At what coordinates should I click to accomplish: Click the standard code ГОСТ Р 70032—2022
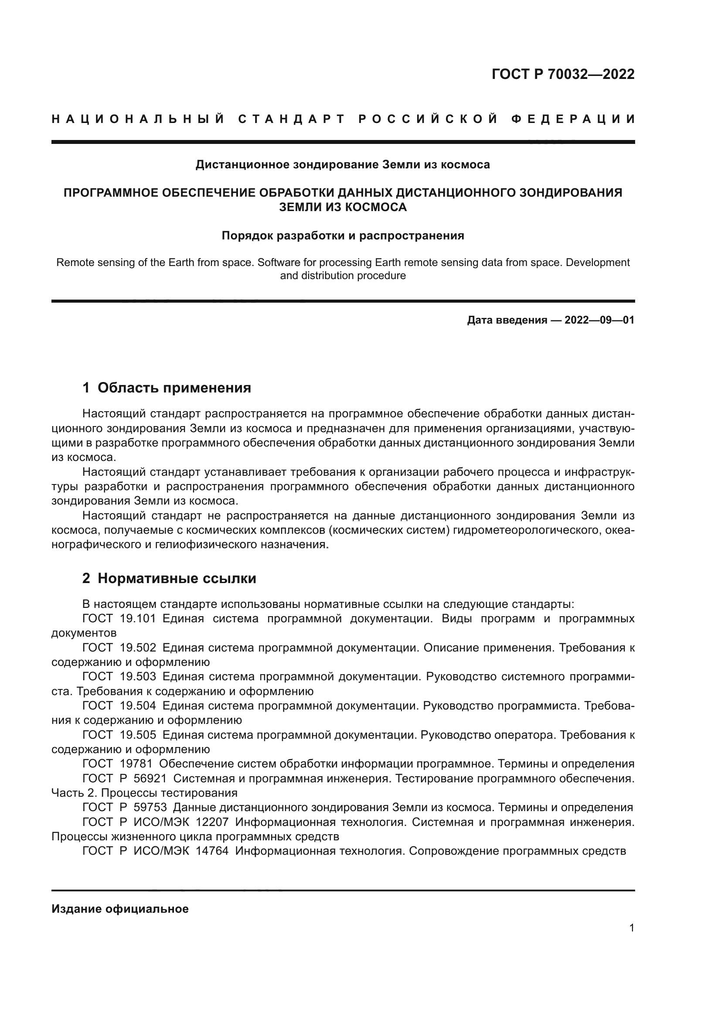pyautogui.click(x=562, y=74)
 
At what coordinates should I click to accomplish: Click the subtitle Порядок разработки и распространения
pyautogui.click(x=343, y=235)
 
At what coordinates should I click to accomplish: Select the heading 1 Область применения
pyautogui.click(x=167, y=388)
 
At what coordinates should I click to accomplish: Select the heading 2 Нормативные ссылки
pyautogui.click(x=169, y=578)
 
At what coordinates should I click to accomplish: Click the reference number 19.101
pyautogui.click(x=138, y=619)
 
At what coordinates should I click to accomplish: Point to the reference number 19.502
pyautogui.click(x=138, y=648)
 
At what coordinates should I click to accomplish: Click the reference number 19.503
pyautogui.click(x=138, y=677)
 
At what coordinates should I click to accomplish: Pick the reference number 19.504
pyautogui.click(x=138, y=706)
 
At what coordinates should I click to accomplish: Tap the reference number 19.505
pyautogui.click(x=138, y=735)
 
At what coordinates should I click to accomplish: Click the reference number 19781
pyautogui.click(x=136, y=764)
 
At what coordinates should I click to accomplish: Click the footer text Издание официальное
pyautogui.click(x=120, y=909)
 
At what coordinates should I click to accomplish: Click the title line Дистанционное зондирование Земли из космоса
pyautogui.click(x=343, y=165)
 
